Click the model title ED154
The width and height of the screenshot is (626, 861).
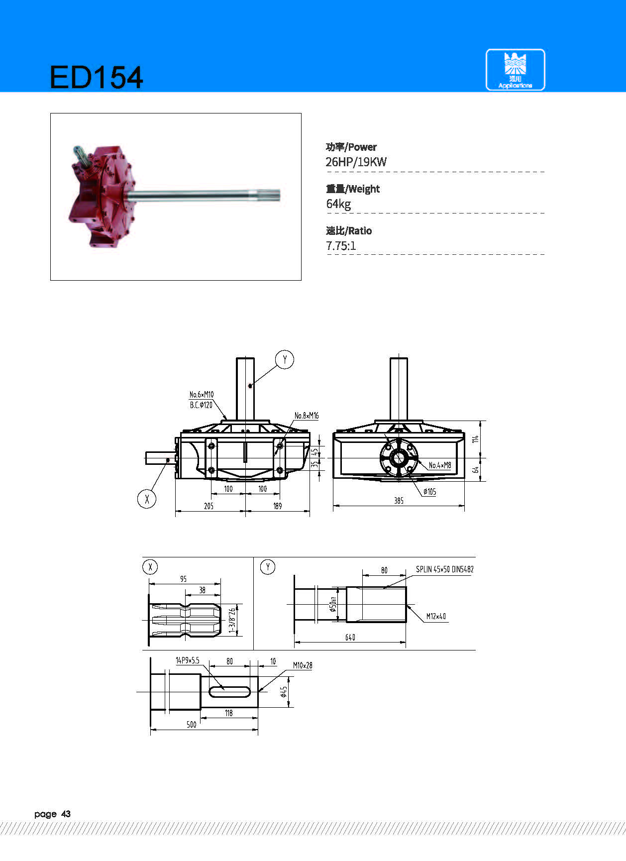(97, 77)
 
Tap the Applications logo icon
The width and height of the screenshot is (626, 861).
(515, 70)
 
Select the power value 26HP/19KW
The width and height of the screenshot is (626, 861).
(356, 162)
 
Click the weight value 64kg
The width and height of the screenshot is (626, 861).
(338, 204)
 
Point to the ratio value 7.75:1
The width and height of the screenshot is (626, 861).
(341, 245)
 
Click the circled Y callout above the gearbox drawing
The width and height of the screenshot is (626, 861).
(285, 359)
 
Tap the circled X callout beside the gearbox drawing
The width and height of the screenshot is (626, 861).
(146, 499)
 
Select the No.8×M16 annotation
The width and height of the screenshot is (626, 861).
(307, 416)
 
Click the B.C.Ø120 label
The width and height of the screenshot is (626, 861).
(201, 405)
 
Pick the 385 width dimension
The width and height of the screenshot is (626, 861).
(399, 501)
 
